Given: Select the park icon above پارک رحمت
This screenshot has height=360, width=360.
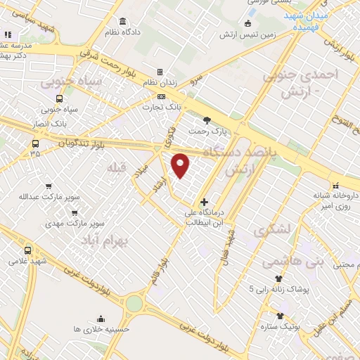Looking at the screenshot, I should tap(206, 120).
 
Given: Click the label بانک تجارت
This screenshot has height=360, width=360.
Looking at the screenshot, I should tap(162, 108).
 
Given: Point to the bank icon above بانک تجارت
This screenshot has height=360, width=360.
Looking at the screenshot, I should tap(162, 97).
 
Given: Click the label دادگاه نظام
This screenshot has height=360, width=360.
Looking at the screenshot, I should tap(124, 32).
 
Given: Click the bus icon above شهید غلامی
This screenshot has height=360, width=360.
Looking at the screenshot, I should tap(28, 250).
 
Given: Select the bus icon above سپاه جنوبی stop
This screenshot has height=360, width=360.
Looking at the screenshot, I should tap(59, 99).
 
